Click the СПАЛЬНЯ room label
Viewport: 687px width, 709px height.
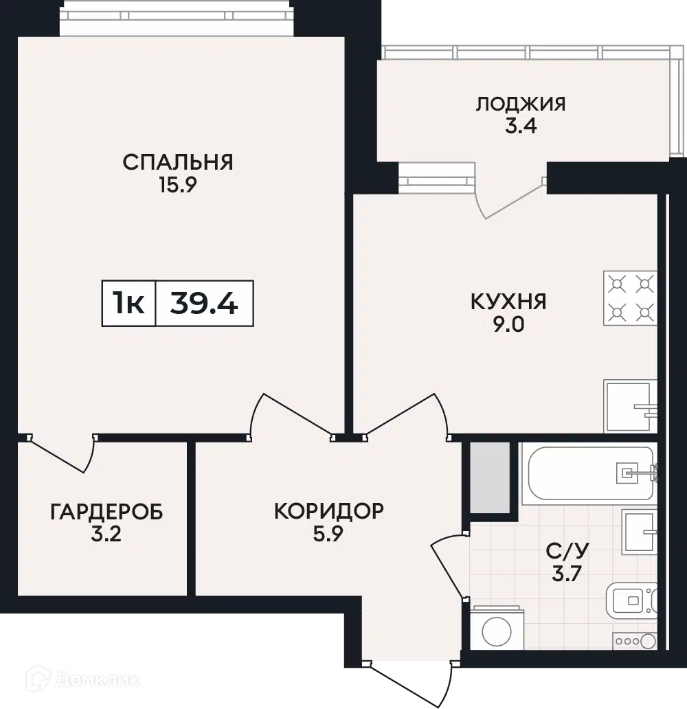click(x=178, y=162)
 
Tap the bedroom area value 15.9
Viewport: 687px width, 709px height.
click(x=178, y=185)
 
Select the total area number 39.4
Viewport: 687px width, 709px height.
click(x=204, y=303)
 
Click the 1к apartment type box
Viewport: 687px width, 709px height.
click(x=129, y=303)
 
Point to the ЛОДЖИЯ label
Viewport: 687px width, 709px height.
click(x=521, y=104)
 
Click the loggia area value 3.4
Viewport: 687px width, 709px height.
click(x=521, y=126)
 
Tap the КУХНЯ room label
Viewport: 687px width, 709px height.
click(x=509, y=302)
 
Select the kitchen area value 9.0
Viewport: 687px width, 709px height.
click(x=509, y=324)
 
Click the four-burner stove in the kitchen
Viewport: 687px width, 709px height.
click(x=630, y=298)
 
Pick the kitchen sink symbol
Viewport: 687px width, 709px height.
click(x=630, y=406)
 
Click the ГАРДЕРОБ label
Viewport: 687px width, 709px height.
click(x=106, y=512)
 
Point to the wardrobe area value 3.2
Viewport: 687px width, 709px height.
click(x=106, y=534)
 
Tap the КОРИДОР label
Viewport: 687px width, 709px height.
click(x=329, y=511)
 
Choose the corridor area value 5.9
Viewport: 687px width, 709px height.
click(x=329, y=534)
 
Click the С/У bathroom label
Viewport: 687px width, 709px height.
click(x=567, y=551)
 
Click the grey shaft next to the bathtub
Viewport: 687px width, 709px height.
click(x=491, y=477)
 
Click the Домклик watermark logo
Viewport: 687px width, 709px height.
click(x=83, y=679)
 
